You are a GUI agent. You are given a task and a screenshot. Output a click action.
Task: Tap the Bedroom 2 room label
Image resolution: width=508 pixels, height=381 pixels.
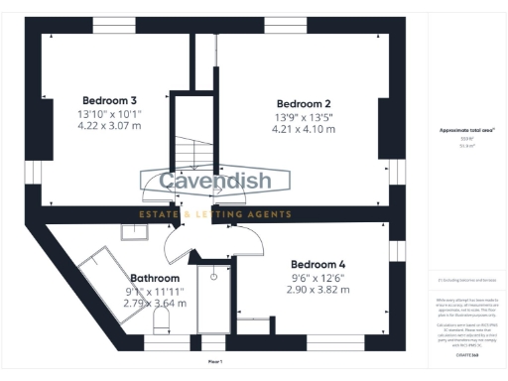(x=304, y=104)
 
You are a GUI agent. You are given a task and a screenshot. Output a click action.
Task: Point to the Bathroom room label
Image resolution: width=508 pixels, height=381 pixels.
(x=155, y=279)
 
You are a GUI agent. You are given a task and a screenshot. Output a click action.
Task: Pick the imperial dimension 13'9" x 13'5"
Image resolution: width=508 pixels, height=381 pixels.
(x=304, y=117)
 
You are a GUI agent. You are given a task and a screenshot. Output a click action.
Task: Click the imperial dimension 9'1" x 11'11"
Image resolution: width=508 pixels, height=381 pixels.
(x=155, y=292)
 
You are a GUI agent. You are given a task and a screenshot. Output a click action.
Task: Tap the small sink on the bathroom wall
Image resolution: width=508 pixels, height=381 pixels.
(x=132, y=231)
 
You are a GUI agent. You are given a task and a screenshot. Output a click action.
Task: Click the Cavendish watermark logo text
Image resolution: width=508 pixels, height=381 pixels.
(x=214, y=183)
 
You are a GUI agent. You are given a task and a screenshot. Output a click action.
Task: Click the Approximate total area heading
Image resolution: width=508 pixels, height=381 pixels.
(x=466, y=130)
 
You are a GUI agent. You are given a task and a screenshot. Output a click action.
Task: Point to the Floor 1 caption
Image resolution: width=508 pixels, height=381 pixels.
(x=215, y=364)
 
